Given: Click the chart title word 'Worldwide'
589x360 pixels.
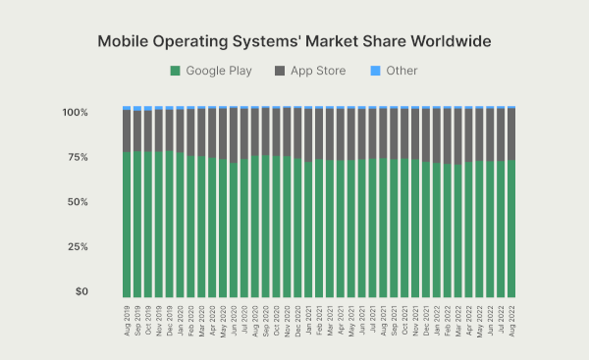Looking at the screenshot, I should click(x=444, y=41).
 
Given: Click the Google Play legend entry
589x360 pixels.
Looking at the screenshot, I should click(x=211, y=71).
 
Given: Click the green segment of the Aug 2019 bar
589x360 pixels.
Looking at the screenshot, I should click(x=127, y=226).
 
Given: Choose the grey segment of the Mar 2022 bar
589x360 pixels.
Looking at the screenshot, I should click(x=458, y=136).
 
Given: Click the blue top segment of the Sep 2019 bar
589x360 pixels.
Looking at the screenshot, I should click(x=137, y=108).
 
